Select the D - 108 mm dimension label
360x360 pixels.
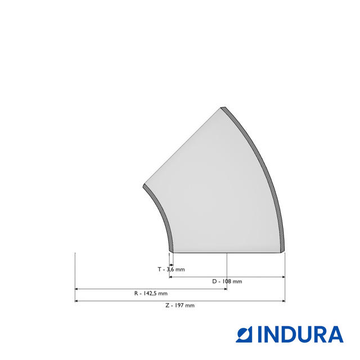[x=227, y=281]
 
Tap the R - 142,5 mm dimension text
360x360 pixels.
[x=150, y=294]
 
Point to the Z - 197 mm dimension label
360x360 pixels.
[x=179, y=305]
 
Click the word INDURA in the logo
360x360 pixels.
[x=300, y=334]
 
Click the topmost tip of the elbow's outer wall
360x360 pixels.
[x=222, y=106]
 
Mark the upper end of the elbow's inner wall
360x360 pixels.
[x=145, y=185]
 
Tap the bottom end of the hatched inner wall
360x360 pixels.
[x=171, y=251]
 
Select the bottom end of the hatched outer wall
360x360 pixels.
[x=284, y=251]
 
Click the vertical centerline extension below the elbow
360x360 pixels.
[x=227, y=270]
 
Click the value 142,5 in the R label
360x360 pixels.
[x=150, y=294]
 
